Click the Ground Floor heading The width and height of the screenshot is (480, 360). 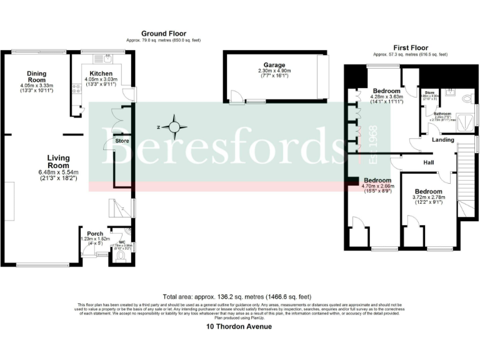pyautogui.click(x=163, y=34)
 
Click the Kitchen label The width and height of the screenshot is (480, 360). pyautogui.click(x=101, y=73)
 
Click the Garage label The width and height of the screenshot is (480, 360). pyautogui.click(x=274, y=65)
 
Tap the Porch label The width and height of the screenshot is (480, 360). pyautogui.click(x=95, y=234)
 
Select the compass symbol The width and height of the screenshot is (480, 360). pyautogui.click(x=177, y=128)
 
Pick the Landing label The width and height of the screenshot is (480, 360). pyautogui.click(x=442, y=140)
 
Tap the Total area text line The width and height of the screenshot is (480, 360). pyautogui.click(x=236, y=297)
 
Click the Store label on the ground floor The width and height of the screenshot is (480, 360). pyautogui.click(x=122, y=141)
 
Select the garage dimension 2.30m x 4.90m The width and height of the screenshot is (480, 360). pyautogui.click(x=274, y=71)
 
